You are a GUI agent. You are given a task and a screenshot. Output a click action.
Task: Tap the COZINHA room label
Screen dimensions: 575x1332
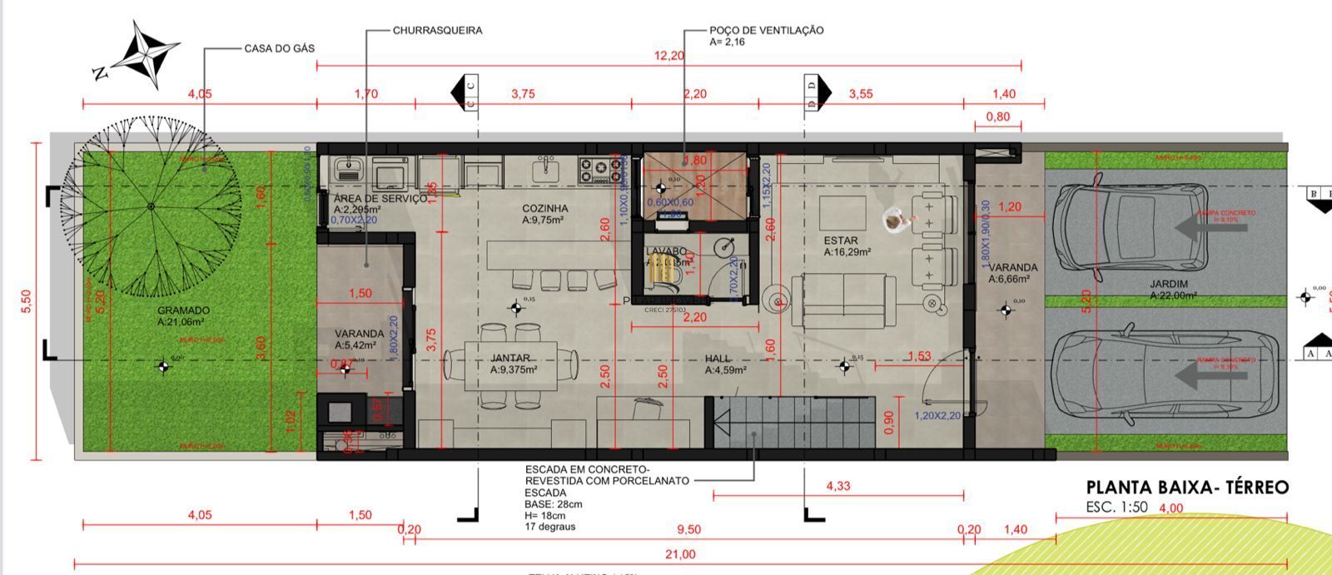[545, 208]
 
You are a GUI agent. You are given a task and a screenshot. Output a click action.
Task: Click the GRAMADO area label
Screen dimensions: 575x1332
[183, 310]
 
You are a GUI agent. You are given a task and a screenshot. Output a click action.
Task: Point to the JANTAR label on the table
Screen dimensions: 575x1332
[510, 359]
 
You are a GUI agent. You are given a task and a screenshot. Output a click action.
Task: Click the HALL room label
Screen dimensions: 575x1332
[718, 359]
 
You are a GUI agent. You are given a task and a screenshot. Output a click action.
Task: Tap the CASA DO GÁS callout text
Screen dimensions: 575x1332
[279, 48]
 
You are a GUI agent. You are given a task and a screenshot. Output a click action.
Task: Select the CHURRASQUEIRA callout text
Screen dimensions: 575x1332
[437, 30]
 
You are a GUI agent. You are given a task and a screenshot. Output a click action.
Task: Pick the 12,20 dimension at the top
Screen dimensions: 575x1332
[669, 56]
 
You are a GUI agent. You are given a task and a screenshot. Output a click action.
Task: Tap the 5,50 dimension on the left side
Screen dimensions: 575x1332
[25, 300]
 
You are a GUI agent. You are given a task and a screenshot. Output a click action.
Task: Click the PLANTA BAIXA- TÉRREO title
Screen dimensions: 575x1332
[1187, 488]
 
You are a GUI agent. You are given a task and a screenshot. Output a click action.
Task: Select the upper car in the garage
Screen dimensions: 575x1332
[1131, 227]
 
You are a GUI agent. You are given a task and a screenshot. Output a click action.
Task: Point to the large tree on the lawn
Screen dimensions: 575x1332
[151, 206]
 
